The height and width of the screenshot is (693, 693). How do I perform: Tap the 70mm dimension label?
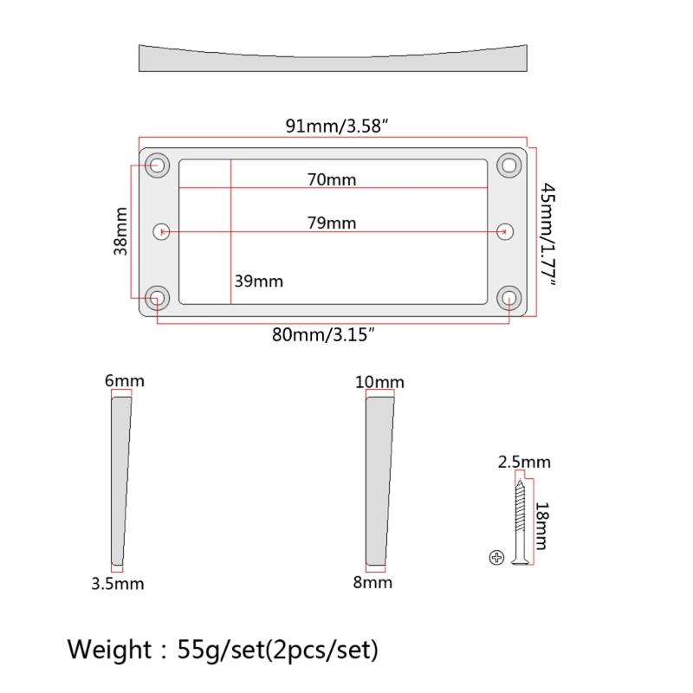(x=332, y=180)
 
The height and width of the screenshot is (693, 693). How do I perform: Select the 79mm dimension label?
(x=332, y=223)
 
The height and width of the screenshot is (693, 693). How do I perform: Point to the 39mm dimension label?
(x=258, y=282)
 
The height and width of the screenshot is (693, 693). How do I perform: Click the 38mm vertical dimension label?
(x=120, y=231)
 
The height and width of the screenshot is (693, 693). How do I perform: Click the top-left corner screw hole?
(x=158, y=165)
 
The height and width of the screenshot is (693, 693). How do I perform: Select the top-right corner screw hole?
(x=508, y=165)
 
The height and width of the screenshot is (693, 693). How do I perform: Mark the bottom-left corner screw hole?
(x=158, y=299)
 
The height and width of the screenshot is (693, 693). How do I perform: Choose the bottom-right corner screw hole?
(x=508, y=299)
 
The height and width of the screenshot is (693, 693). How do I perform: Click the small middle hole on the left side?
(x=161, y=231)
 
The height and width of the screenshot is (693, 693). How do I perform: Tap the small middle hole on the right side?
(x=506, y=231)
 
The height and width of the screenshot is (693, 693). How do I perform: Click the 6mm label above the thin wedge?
(x=124, y=381)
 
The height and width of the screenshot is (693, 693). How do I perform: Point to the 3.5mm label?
(x=118, y=583)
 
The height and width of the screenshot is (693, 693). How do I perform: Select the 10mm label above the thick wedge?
(x=379, y=382)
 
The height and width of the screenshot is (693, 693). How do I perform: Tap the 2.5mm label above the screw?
(x=524, y=462)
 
